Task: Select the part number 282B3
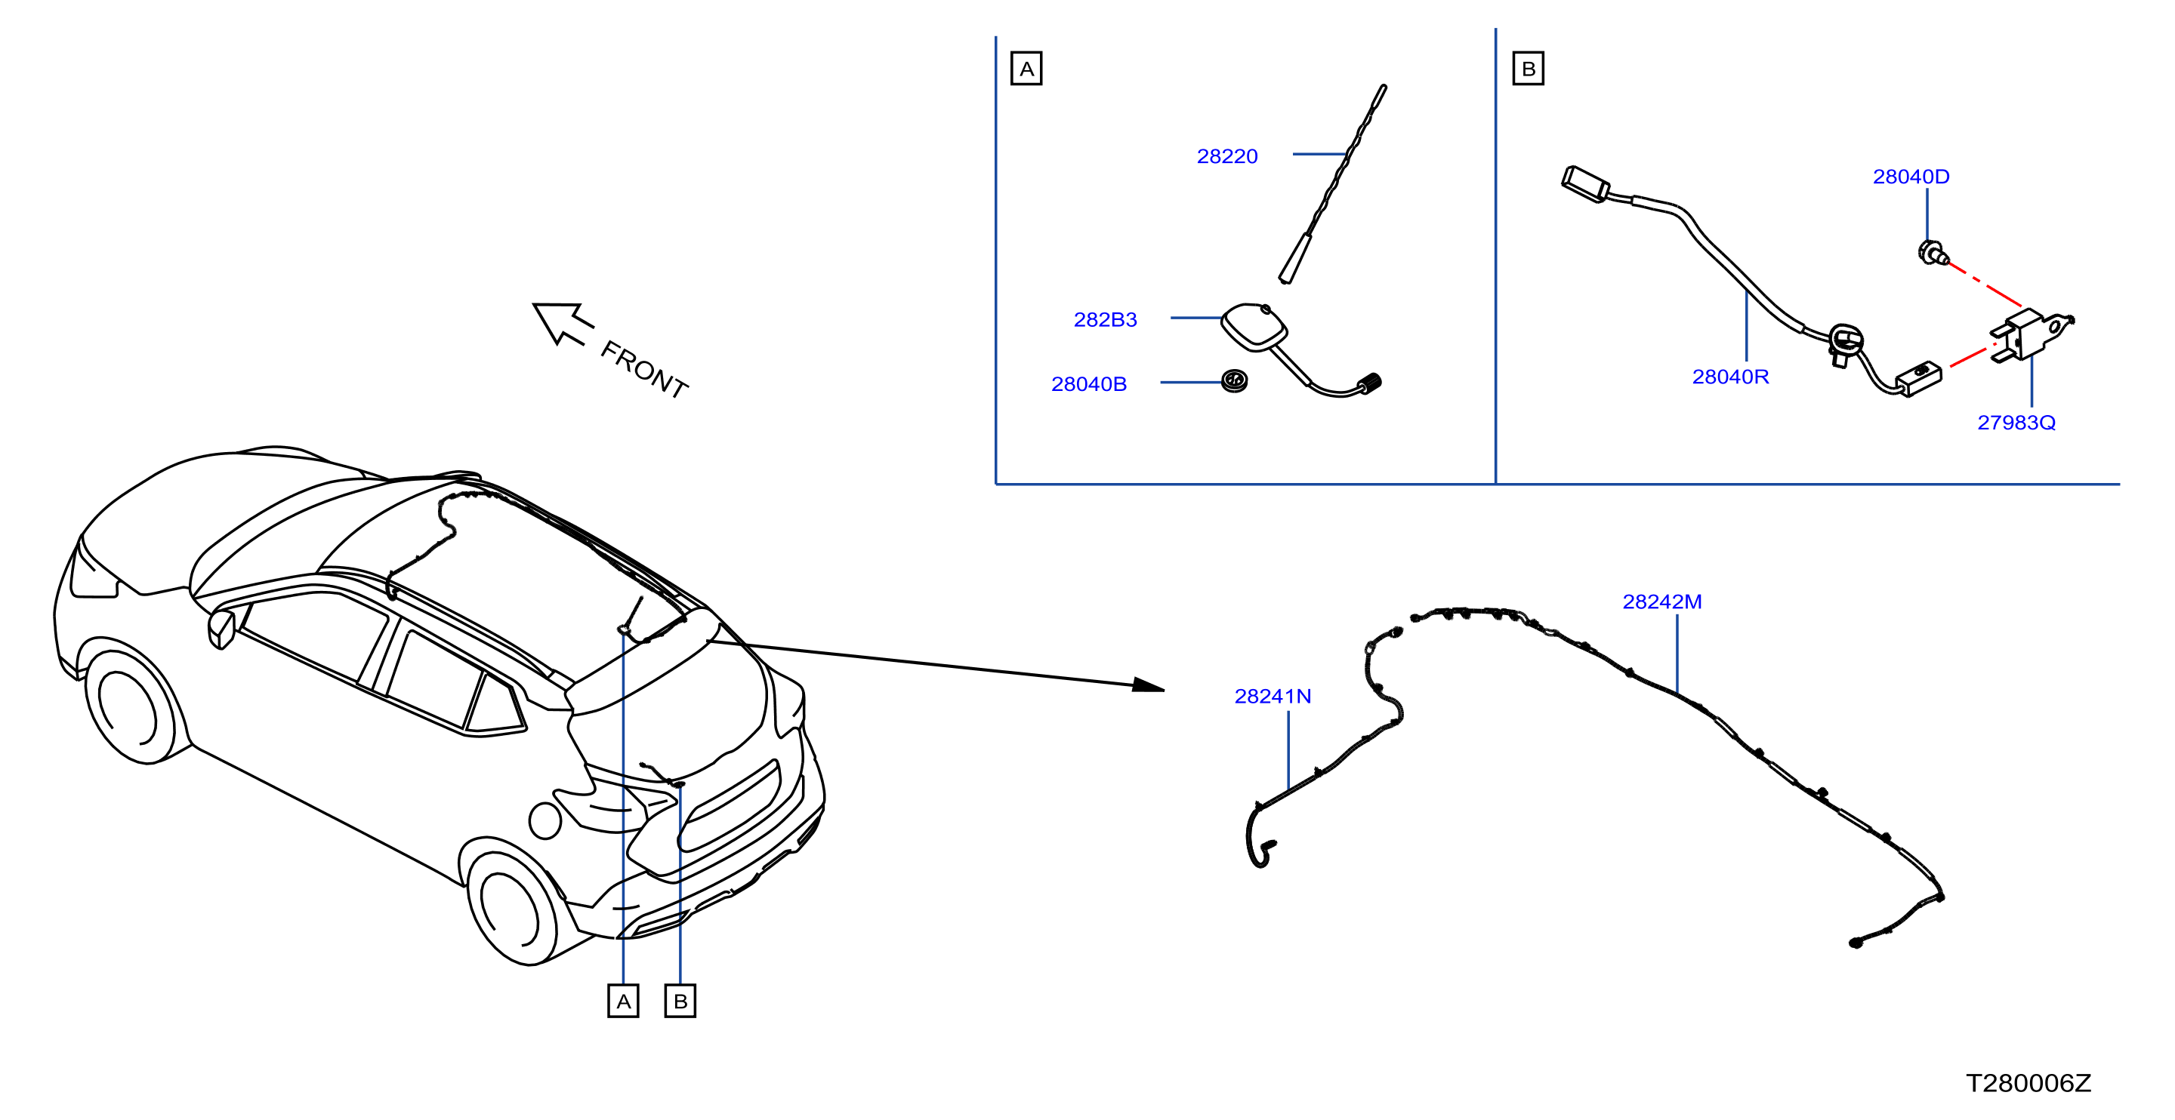click(x=1105, y=320)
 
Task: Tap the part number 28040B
click(x=1088, y=384)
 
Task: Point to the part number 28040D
click(x=1911, y=177)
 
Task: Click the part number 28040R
click(x=1730, y=377)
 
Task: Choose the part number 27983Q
click(x=2016, y=422)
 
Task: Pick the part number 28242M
click(x=1661, y=602)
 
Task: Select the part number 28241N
click(x=1273, y=697)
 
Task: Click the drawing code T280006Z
click(x=2028, y=1083)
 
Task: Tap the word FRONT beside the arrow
click(x=644, y=370)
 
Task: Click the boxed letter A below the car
click(x=623, y=1001)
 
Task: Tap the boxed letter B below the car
click(x=680, y=1001)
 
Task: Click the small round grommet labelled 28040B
click(x=1235, y=381)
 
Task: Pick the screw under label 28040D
click(x=1933, y=252)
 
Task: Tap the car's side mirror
click(x=221, y=629)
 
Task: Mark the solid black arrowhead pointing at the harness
click(x=1148, y=685)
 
